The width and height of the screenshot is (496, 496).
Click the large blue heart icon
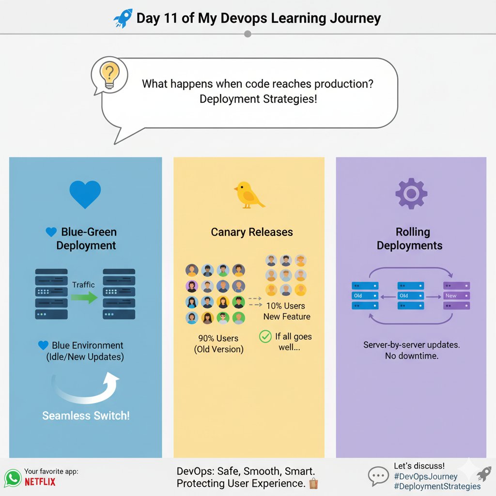coord(85,194)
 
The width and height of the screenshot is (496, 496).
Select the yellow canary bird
coord(248,195)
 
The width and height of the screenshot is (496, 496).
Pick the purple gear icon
coord(411,194)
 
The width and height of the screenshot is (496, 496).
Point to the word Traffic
coord(83,285)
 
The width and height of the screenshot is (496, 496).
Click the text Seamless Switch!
coord(86,416)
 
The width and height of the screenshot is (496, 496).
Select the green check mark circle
coord(265,336)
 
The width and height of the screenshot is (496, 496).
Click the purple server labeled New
coord(456,295)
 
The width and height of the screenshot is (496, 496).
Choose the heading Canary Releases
coord(252,232)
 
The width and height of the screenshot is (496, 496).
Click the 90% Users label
coord(219,339)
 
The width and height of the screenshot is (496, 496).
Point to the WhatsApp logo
coord(13,478)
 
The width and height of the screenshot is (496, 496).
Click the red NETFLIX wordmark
coord(40,482)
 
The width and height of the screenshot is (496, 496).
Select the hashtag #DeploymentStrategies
coord(437,486)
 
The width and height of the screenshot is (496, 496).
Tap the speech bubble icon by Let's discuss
coord(378,476)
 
